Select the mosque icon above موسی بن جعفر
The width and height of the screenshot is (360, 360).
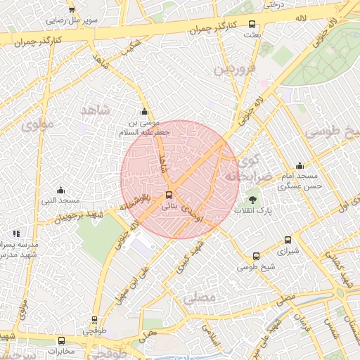[144, 112]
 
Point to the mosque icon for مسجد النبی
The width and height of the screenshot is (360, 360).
[60, 191]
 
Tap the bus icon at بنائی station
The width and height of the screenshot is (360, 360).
[169, 195]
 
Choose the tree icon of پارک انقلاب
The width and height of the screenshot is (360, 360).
[253, 200]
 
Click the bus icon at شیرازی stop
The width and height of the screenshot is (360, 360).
[288, 240]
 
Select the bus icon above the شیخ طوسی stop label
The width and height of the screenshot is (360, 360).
[255, 257]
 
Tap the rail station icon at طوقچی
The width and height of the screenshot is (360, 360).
[96, 318]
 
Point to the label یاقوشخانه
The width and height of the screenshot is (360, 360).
[134, 202]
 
